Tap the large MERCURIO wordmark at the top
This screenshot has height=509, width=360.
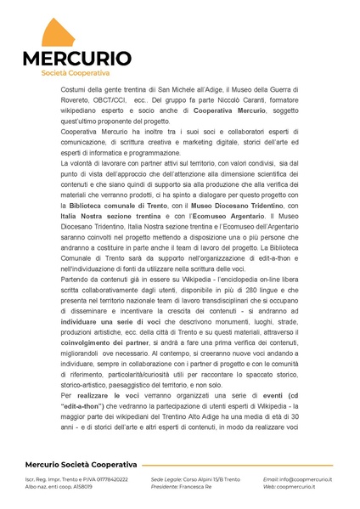coord(76,59)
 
